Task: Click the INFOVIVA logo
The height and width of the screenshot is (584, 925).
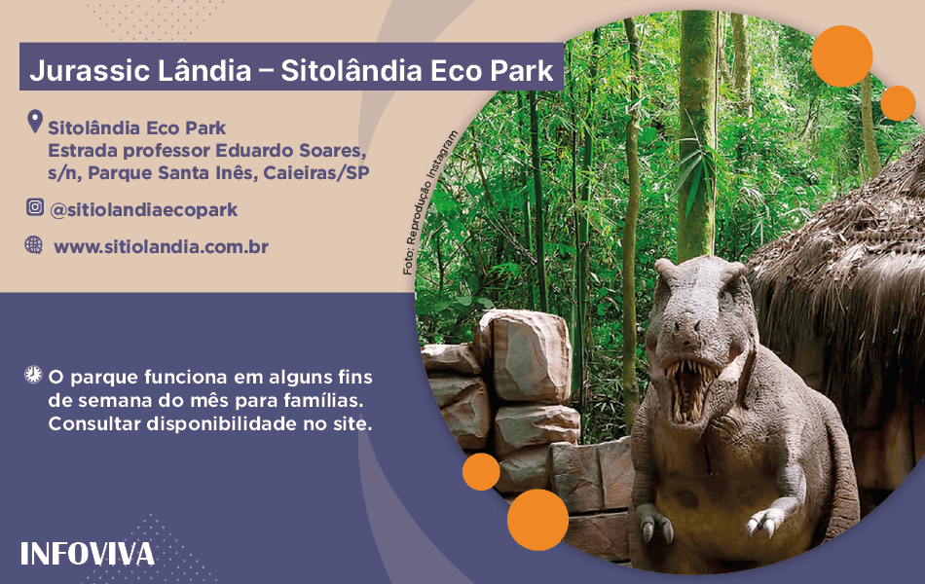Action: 88,554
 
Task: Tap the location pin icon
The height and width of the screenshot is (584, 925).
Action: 35,122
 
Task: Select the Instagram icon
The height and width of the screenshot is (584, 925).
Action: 35,207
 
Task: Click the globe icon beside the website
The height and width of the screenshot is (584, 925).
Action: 34,245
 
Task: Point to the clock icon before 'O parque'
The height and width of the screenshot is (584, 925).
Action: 33,375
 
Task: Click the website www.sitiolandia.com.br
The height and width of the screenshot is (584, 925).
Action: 161,246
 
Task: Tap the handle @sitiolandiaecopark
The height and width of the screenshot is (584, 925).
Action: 144,210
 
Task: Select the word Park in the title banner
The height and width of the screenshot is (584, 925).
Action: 522,70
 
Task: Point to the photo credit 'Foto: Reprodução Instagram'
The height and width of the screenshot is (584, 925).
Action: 430,202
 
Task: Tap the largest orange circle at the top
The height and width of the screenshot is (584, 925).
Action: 842,56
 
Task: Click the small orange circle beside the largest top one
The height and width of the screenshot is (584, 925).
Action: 898,103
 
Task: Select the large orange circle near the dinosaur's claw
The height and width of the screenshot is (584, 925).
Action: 538,520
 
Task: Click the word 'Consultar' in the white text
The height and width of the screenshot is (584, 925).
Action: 94,423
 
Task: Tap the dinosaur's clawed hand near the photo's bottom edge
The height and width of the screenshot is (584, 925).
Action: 765,521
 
